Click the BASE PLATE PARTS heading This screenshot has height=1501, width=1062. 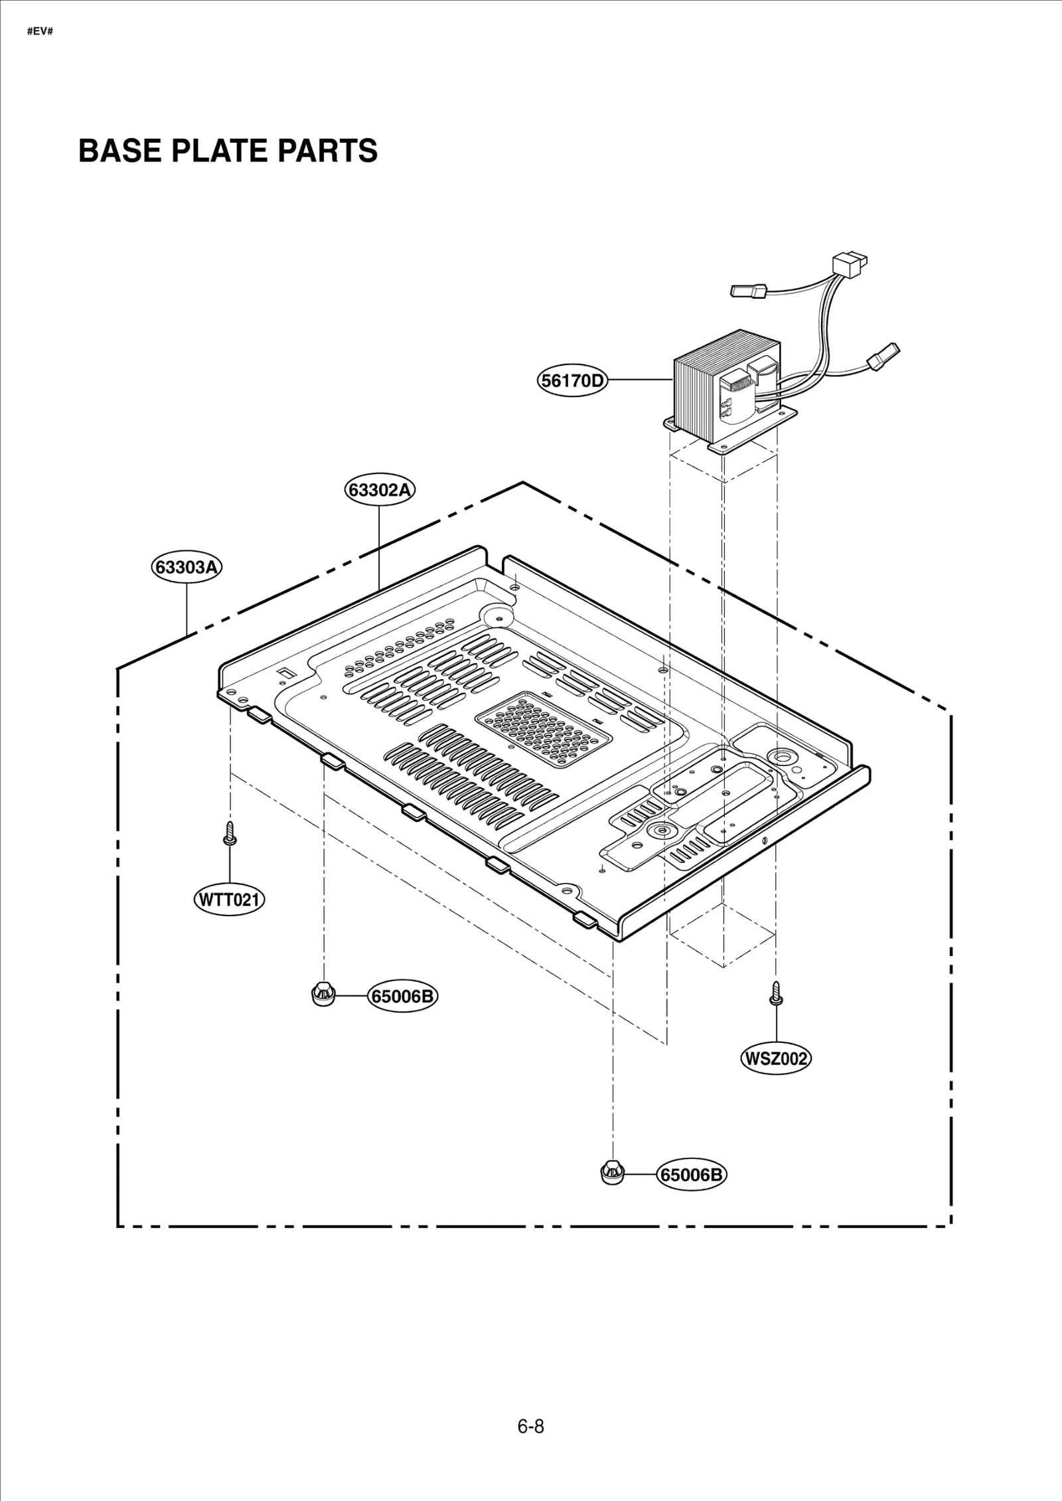coord(228,151)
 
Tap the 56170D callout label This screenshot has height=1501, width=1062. coord(572,380)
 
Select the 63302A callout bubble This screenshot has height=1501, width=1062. coord(380,490)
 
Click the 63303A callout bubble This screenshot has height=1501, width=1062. coord(187,568)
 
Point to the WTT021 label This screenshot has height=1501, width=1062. coord(229,900)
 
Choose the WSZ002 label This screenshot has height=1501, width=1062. coord(775,1058)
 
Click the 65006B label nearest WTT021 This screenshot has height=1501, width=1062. coord(402,996)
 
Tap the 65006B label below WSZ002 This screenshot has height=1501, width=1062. coord(692,1175)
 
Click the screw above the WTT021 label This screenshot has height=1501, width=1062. coord(230,832)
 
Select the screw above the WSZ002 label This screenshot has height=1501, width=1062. coord(775,993)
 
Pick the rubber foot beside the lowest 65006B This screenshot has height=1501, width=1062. coord(611,1172)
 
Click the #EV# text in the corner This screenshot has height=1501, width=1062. coord(40,31)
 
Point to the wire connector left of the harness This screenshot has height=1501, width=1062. coord(749,291)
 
